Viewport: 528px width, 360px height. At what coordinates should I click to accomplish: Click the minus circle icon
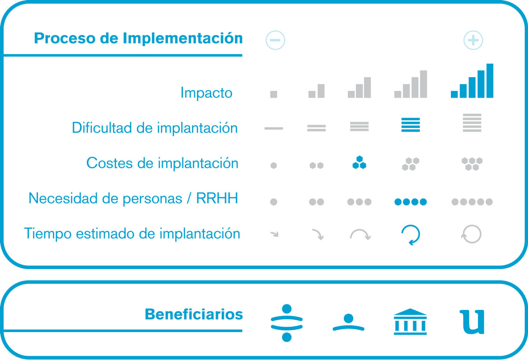[275, 40]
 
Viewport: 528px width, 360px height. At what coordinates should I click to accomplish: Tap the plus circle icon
[473, 40]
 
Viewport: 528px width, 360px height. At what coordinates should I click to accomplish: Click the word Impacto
[206, 93]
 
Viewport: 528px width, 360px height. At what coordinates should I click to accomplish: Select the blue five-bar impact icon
[472, 81]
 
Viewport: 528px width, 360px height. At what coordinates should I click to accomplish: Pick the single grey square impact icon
[274, 94]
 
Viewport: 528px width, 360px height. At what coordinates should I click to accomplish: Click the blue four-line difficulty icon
[411, 125]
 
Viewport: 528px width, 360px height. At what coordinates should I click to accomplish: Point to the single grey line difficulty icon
[274, 129]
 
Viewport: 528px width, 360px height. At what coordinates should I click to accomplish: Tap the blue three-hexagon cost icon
[359, 162]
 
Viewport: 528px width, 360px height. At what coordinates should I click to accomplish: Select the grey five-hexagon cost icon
[472, 164]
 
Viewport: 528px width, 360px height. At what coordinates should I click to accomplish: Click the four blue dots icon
[411, 202]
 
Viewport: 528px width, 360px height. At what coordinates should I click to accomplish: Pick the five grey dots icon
[472, 202]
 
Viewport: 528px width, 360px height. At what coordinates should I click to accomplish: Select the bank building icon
[410, 322]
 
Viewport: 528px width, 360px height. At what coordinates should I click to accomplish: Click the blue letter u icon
[472, 322]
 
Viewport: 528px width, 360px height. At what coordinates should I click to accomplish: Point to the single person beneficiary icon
[348, 323]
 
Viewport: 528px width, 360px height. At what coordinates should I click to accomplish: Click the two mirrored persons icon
[286, 323]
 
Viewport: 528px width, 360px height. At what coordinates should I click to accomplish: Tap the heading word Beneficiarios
[194, 314]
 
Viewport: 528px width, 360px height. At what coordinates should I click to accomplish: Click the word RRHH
[217, 198]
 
